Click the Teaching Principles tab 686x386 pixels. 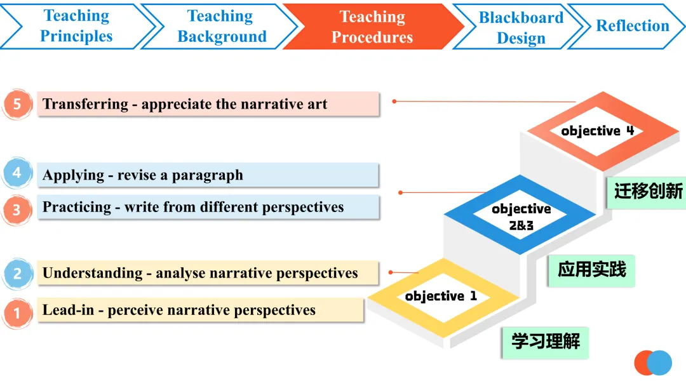(x=77, y=26)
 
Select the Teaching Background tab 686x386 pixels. (x=221, y=26)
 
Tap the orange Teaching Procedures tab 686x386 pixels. (x=372, y=27)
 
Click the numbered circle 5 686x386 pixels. (x=17, y=104)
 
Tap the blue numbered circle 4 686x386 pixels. (x=17, y=173)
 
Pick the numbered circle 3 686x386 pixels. (x=17, y=210)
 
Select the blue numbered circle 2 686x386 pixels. (x=18, y=274)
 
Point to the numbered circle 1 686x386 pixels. (x=17, y=313)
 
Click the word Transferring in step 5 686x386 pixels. (x=85, y=104)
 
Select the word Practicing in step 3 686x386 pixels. (x=77, y=207)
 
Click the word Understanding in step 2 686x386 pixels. (x=92, y=273)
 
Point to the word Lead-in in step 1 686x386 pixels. (x=68, y=310)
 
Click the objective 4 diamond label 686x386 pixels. (x=598, y=131)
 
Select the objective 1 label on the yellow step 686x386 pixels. (x=441, y=296)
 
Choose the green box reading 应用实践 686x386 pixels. (x=591, y=270)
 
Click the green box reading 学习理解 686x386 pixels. (x=545, y=342)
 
